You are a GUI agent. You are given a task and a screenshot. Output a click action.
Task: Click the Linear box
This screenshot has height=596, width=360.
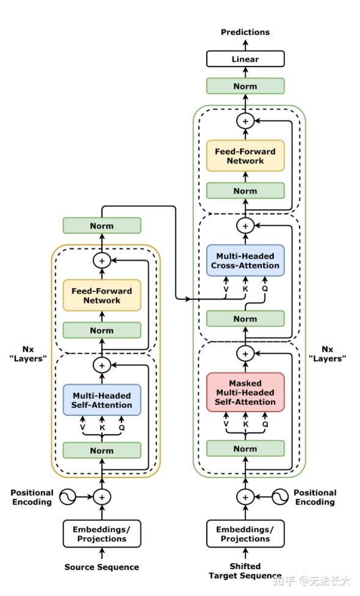[x=245, y=59]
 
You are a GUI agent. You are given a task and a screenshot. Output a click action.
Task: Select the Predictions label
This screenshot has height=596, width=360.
[x=245, y=32]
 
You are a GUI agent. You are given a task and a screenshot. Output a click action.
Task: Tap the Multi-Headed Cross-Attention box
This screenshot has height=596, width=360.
[x=245, y=260]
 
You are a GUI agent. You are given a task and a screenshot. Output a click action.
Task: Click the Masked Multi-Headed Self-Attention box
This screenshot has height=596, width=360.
[x=245, y=392]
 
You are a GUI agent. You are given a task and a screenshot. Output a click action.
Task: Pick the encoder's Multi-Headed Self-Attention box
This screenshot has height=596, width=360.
[x=102, y=400]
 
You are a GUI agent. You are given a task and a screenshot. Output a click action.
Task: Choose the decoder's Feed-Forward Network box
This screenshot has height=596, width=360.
[x=245, y=156]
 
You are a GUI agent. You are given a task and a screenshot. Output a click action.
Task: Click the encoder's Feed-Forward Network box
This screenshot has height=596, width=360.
[x=102, y=296]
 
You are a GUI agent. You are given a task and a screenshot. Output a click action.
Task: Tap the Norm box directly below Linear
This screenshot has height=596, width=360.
[x=245, y=86]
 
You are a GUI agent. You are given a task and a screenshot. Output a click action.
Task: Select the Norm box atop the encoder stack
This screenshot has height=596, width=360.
[x=102, y=226]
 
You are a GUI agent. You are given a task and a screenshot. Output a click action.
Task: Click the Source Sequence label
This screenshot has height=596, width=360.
[x=102, y=567]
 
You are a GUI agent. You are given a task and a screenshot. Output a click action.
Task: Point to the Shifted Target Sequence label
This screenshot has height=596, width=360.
[x=245, y=571]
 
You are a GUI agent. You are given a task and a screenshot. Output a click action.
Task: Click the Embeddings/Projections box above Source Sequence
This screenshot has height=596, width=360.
[x=102, y=534]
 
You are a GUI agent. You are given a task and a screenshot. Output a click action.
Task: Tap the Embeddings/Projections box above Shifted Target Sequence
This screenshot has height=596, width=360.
[x=245, y=534]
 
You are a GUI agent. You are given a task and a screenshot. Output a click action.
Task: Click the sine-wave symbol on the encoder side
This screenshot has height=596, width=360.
[x=68, y=497]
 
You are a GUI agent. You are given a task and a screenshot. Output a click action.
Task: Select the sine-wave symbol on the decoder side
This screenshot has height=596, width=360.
[x=280, y=497]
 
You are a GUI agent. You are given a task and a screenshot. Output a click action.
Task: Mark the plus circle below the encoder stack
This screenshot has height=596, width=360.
[x=102, y=497]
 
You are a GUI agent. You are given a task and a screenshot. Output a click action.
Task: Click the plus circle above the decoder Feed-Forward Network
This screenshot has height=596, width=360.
[x=245, y=122]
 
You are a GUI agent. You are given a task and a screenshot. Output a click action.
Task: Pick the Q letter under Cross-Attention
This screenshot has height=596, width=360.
[x=265, y=288]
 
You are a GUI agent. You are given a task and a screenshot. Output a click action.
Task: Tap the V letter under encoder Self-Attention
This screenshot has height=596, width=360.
[x=82, y=427]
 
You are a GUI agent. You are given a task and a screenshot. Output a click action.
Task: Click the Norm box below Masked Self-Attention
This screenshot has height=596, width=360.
[x=245, y=448]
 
